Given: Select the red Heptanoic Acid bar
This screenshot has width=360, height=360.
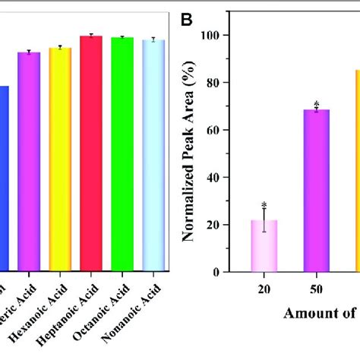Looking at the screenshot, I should click(91, 152).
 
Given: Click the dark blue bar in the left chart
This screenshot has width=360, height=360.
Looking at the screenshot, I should click(4, 178).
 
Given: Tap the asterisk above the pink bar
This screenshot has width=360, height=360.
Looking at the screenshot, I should click(264, 205).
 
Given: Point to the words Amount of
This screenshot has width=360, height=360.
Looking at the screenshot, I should click(319, 313).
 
